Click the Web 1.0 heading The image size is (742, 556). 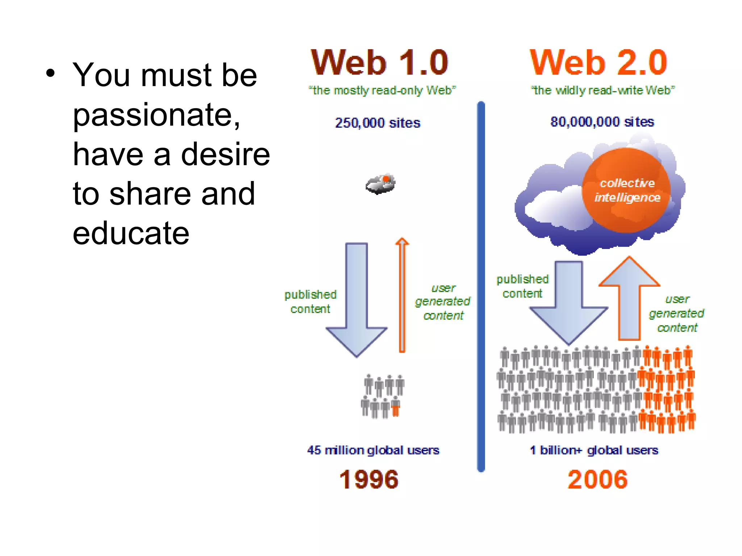(x=379, y=63)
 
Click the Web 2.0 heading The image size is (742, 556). (x=598, y=63)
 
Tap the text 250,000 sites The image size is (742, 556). (x=378, y=123)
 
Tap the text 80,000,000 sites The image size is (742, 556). (x=602, y=122)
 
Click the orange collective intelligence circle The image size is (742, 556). (x=626, y=190)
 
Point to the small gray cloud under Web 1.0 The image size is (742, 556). (x=380, y=184)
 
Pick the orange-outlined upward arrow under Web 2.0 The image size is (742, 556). (x=629, y=300)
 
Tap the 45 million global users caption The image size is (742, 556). (x=373, y=450)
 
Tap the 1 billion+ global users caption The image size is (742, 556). (x=594, y=450)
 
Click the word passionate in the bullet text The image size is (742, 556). (x=157, y=115)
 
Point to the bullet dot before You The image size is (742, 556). (x=50, y=73)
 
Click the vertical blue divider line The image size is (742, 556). (x=481, y=286)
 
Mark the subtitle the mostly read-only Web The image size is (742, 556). (x=382, y=90)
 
